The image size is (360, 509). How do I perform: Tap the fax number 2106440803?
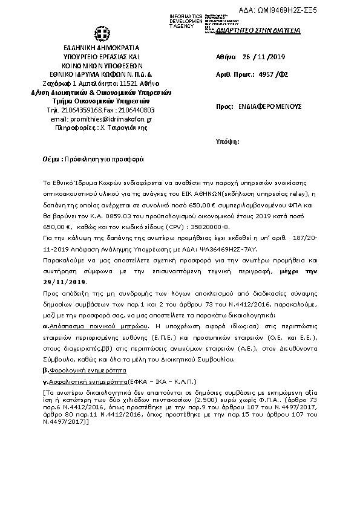point(136,110)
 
